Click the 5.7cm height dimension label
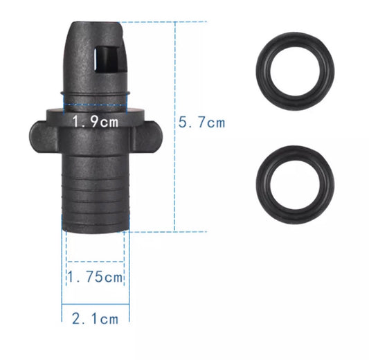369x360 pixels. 201,123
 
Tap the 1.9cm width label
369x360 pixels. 95,122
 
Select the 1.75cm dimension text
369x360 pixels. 95,276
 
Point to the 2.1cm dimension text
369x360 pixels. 95,319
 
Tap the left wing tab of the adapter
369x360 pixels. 44,136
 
